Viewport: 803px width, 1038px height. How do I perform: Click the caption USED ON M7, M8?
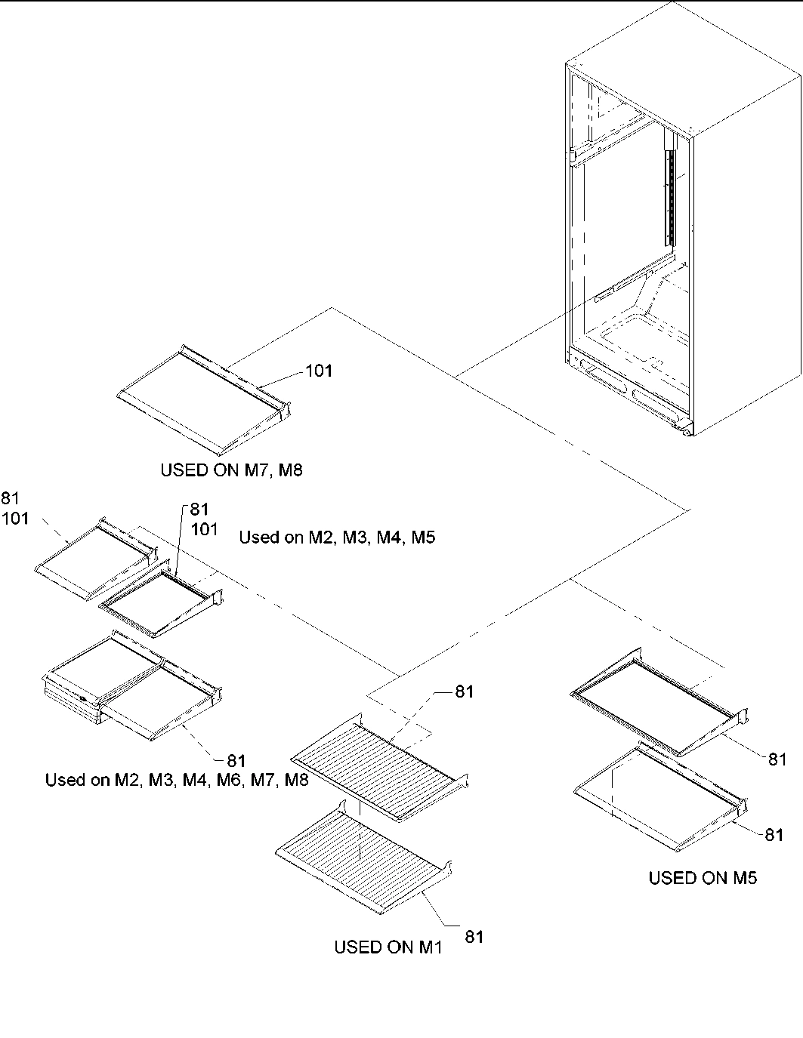[x=231, y=470]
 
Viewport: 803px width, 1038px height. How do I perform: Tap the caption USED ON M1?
[x=388, y=947]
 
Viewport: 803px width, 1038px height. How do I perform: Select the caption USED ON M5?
[x=703, y=877]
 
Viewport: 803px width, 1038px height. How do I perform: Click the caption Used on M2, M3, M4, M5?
[x=337, y=537]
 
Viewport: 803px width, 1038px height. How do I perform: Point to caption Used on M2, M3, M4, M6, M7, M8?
[x=177, y=780]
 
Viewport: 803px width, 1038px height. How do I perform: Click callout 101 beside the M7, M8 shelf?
[x=318, y=371]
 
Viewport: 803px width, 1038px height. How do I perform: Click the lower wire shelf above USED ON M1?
[x=363, y=857]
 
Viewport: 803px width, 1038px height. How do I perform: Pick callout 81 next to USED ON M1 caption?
[x=474, y=937]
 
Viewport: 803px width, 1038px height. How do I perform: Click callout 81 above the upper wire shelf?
[x=464, y=691]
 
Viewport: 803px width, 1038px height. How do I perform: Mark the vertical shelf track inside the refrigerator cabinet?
[x=668, y=196]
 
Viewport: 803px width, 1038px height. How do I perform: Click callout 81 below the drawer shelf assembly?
[x=236, y=761]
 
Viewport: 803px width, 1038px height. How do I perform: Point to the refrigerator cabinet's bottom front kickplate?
[x=631, y=393]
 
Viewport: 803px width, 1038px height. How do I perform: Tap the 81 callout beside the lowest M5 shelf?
[x=774, y=834]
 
